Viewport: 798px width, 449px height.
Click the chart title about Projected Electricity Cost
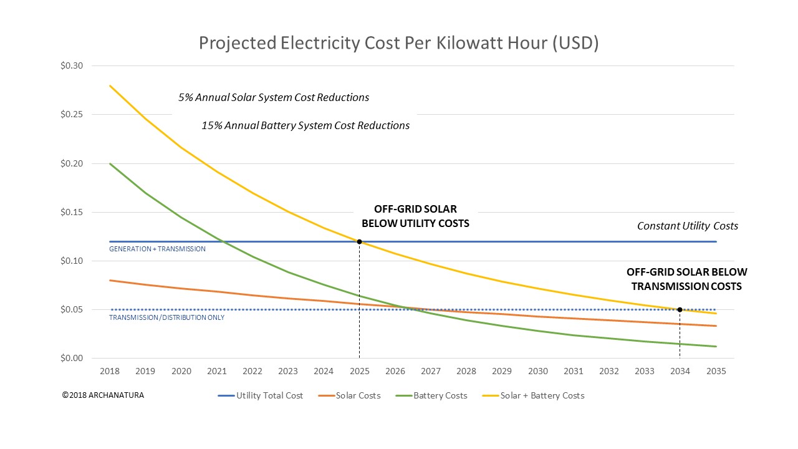(398, 43)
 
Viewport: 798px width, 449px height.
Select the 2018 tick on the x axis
(110, 371)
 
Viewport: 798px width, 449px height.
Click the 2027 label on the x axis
(431, 371)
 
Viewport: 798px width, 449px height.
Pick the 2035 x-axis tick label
(716, 371)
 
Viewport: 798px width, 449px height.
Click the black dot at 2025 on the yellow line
(360, 241)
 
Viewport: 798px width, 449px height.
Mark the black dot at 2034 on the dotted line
(680, 310)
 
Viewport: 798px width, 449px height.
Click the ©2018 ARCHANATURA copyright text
(103, 395)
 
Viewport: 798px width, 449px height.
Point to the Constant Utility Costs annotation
(687, 226)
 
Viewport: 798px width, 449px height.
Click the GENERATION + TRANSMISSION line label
(157, 249)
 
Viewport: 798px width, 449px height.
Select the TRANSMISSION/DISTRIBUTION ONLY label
(166, 317)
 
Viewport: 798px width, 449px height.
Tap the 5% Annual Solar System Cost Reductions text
(274, 97)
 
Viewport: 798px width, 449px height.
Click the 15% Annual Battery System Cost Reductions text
(305, 125)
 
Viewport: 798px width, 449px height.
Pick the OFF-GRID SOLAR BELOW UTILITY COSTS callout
(415, 216)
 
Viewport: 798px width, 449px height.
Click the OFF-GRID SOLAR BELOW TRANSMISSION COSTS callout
(686, 279)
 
